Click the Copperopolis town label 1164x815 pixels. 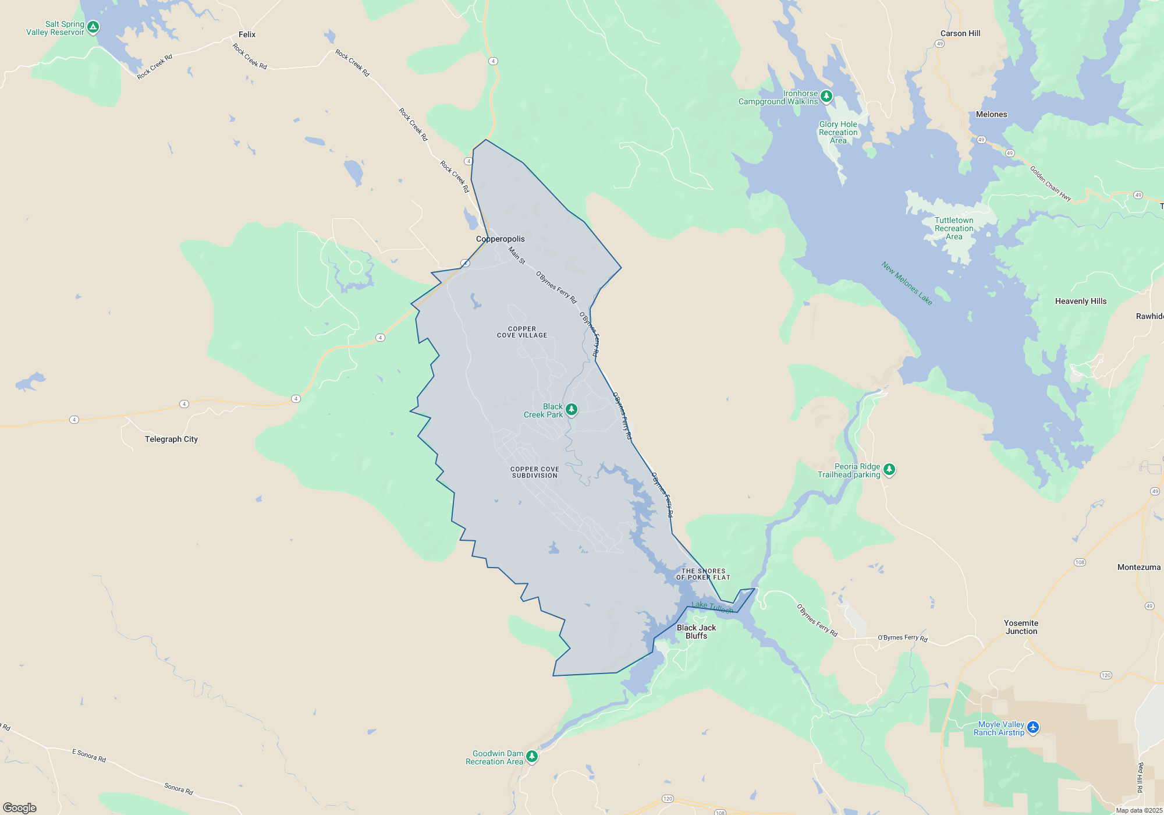click(500, 239)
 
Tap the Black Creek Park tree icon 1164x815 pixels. click(572, 410)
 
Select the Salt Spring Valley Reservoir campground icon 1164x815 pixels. click(93, 27)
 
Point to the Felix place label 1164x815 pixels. click(247, 35)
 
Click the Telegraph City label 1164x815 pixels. click(171, 440)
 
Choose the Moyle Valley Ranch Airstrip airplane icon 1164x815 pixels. click(1033, 727)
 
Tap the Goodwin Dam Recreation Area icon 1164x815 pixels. click(532, 756)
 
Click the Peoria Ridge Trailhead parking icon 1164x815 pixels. click(889, 469)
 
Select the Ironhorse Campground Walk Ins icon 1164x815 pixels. click(826, 96)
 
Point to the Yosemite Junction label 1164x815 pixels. click(1021, 627)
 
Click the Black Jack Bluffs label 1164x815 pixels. click(696, 632)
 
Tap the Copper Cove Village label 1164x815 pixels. click(522, 332)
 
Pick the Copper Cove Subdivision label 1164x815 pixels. click(535, 473)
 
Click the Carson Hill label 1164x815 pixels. click(960, 34)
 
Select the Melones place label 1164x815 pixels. click(991, 115)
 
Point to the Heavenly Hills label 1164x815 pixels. click(1081, 302)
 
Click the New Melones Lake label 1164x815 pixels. click(907, 284)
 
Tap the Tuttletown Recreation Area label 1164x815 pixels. click(954, 229)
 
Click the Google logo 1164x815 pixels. click(20, 808)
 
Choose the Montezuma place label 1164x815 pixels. click(1139, 568)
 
